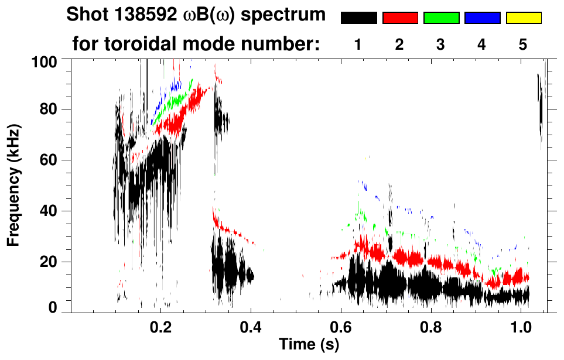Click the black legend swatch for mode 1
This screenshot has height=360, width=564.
pos(358,18)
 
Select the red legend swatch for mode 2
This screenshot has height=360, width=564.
pos(400,18)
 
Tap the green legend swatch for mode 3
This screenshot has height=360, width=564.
pos(441,18)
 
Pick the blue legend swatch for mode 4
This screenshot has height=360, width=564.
pos(482,18)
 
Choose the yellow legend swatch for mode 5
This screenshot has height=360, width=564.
pos(523,18)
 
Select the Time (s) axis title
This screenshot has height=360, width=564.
pos(309,345)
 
